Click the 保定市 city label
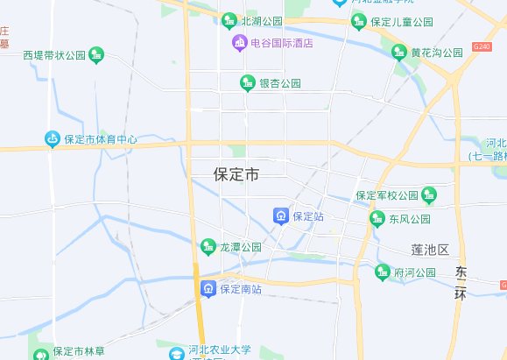click(236, 174)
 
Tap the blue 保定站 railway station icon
click(280, 215)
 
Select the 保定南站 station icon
click(208, 288)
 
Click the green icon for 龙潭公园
click(208, 248)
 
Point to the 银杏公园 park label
click(280, 83)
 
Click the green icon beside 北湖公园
click(229, 20)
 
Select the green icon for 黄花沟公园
click(400, 53)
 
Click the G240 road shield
click(481, 44)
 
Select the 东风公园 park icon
click(377, 219)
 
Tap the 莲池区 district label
click(430, 251)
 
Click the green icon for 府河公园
click(383, 272)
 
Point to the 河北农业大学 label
click(220, 349)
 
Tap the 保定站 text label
click(308, 215)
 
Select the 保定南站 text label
click(241, 288)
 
